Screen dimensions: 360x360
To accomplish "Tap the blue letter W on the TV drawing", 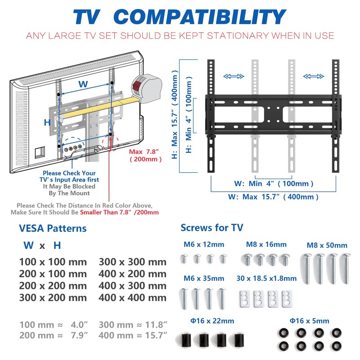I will (x=83, y=84).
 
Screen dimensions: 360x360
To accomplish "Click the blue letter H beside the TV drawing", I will (x=47, y=122).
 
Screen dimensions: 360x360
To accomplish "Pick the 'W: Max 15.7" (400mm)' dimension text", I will (x=273, y=197).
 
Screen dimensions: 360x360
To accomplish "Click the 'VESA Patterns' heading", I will (x=53, y=228).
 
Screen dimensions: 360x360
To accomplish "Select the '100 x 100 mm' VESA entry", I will (x=53, y=262).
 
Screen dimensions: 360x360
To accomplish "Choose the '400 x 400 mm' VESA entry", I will (x=132, y=297).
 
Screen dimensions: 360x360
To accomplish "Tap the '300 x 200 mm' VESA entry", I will (x=53, y=297).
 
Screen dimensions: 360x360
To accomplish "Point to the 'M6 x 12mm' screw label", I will (x=203, y=245).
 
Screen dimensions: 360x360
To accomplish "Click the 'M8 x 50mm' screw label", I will (x=327, y=245).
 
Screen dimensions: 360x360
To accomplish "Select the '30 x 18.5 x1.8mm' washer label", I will (x=267, y=279).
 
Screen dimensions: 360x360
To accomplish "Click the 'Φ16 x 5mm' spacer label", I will (x=310, y=321).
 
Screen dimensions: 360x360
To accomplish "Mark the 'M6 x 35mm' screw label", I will (x=203, y=279).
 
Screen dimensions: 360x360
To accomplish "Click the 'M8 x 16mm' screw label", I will (x=266, y=245).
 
